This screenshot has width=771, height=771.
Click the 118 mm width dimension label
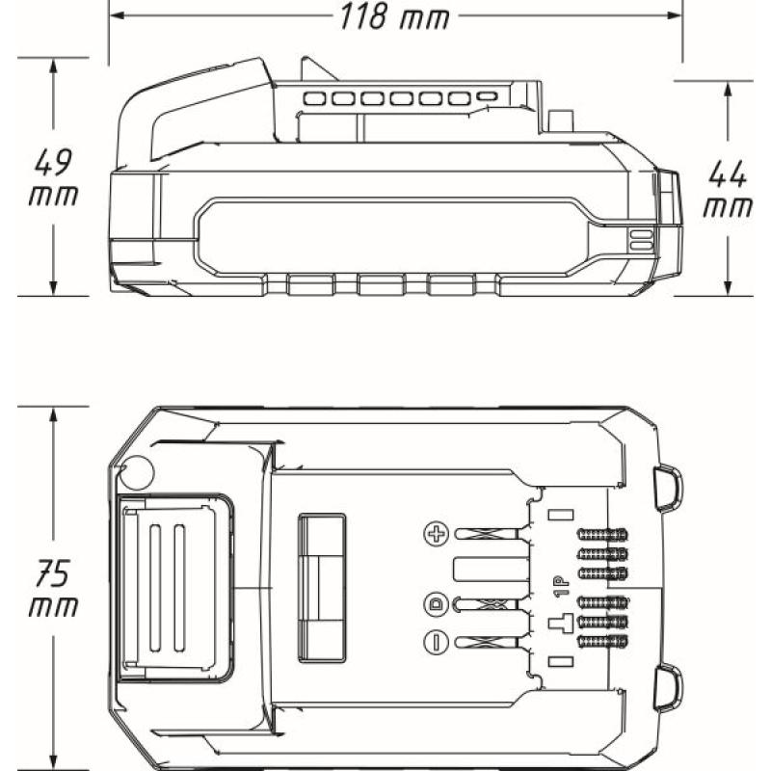393,16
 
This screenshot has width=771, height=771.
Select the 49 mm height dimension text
54,175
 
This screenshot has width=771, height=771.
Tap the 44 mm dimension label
729,189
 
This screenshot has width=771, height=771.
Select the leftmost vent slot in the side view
314,98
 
